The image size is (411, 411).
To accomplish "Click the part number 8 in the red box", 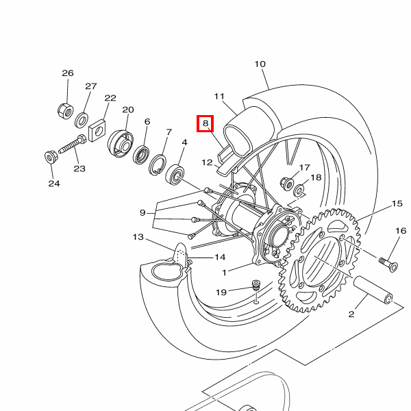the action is [206, 123].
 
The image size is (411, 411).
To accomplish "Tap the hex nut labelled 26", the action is [66, 111].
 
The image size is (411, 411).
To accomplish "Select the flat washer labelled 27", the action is [82, 120].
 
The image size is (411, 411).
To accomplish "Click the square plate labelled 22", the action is [97, 130].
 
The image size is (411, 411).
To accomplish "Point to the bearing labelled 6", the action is [141, 155].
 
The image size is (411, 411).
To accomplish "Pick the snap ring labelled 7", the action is [158, 165].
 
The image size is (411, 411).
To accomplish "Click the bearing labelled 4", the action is [175, 174].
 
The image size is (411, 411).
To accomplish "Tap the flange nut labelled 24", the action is [50, 157].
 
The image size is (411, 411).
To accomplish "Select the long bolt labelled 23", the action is [73, 145].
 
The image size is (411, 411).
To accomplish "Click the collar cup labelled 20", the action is [121, 144].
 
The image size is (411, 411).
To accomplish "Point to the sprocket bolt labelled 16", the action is [388, 264].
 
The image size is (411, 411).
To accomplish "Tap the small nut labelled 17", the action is [287, 183].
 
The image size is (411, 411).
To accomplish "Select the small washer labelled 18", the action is [299, 190].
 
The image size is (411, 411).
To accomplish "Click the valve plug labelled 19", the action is [256, 285].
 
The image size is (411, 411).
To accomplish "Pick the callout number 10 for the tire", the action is [260, 64].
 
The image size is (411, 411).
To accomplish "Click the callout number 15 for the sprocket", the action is [397, 203].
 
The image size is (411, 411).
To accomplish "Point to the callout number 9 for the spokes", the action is [142, 212].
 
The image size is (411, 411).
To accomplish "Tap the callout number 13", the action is [138, 237].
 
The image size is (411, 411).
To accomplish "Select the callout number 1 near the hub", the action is [224, 273].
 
